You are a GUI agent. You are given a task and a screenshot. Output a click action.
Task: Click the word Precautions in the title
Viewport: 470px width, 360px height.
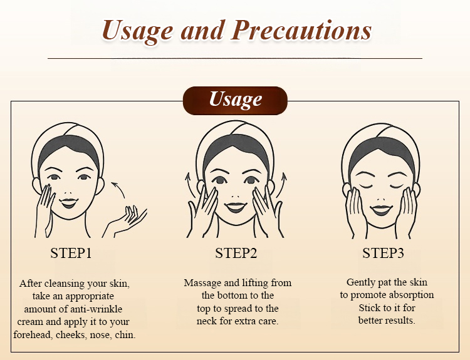(301, 31)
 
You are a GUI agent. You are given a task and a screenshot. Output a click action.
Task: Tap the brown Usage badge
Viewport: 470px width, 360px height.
(235, 101)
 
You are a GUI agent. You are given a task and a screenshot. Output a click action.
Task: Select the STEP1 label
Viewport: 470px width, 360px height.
(71, 253)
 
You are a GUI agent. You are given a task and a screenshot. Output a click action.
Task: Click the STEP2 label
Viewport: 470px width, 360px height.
(236, 253)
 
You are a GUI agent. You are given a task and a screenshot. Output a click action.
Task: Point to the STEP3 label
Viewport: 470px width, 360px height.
(383, 253)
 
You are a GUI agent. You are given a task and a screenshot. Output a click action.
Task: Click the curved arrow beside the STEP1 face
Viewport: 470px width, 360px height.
(120, 187)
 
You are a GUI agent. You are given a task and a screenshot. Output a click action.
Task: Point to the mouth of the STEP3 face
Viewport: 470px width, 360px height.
(381, 210)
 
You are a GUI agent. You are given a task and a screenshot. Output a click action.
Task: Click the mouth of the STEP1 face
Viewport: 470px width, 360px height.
(69, 203)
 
